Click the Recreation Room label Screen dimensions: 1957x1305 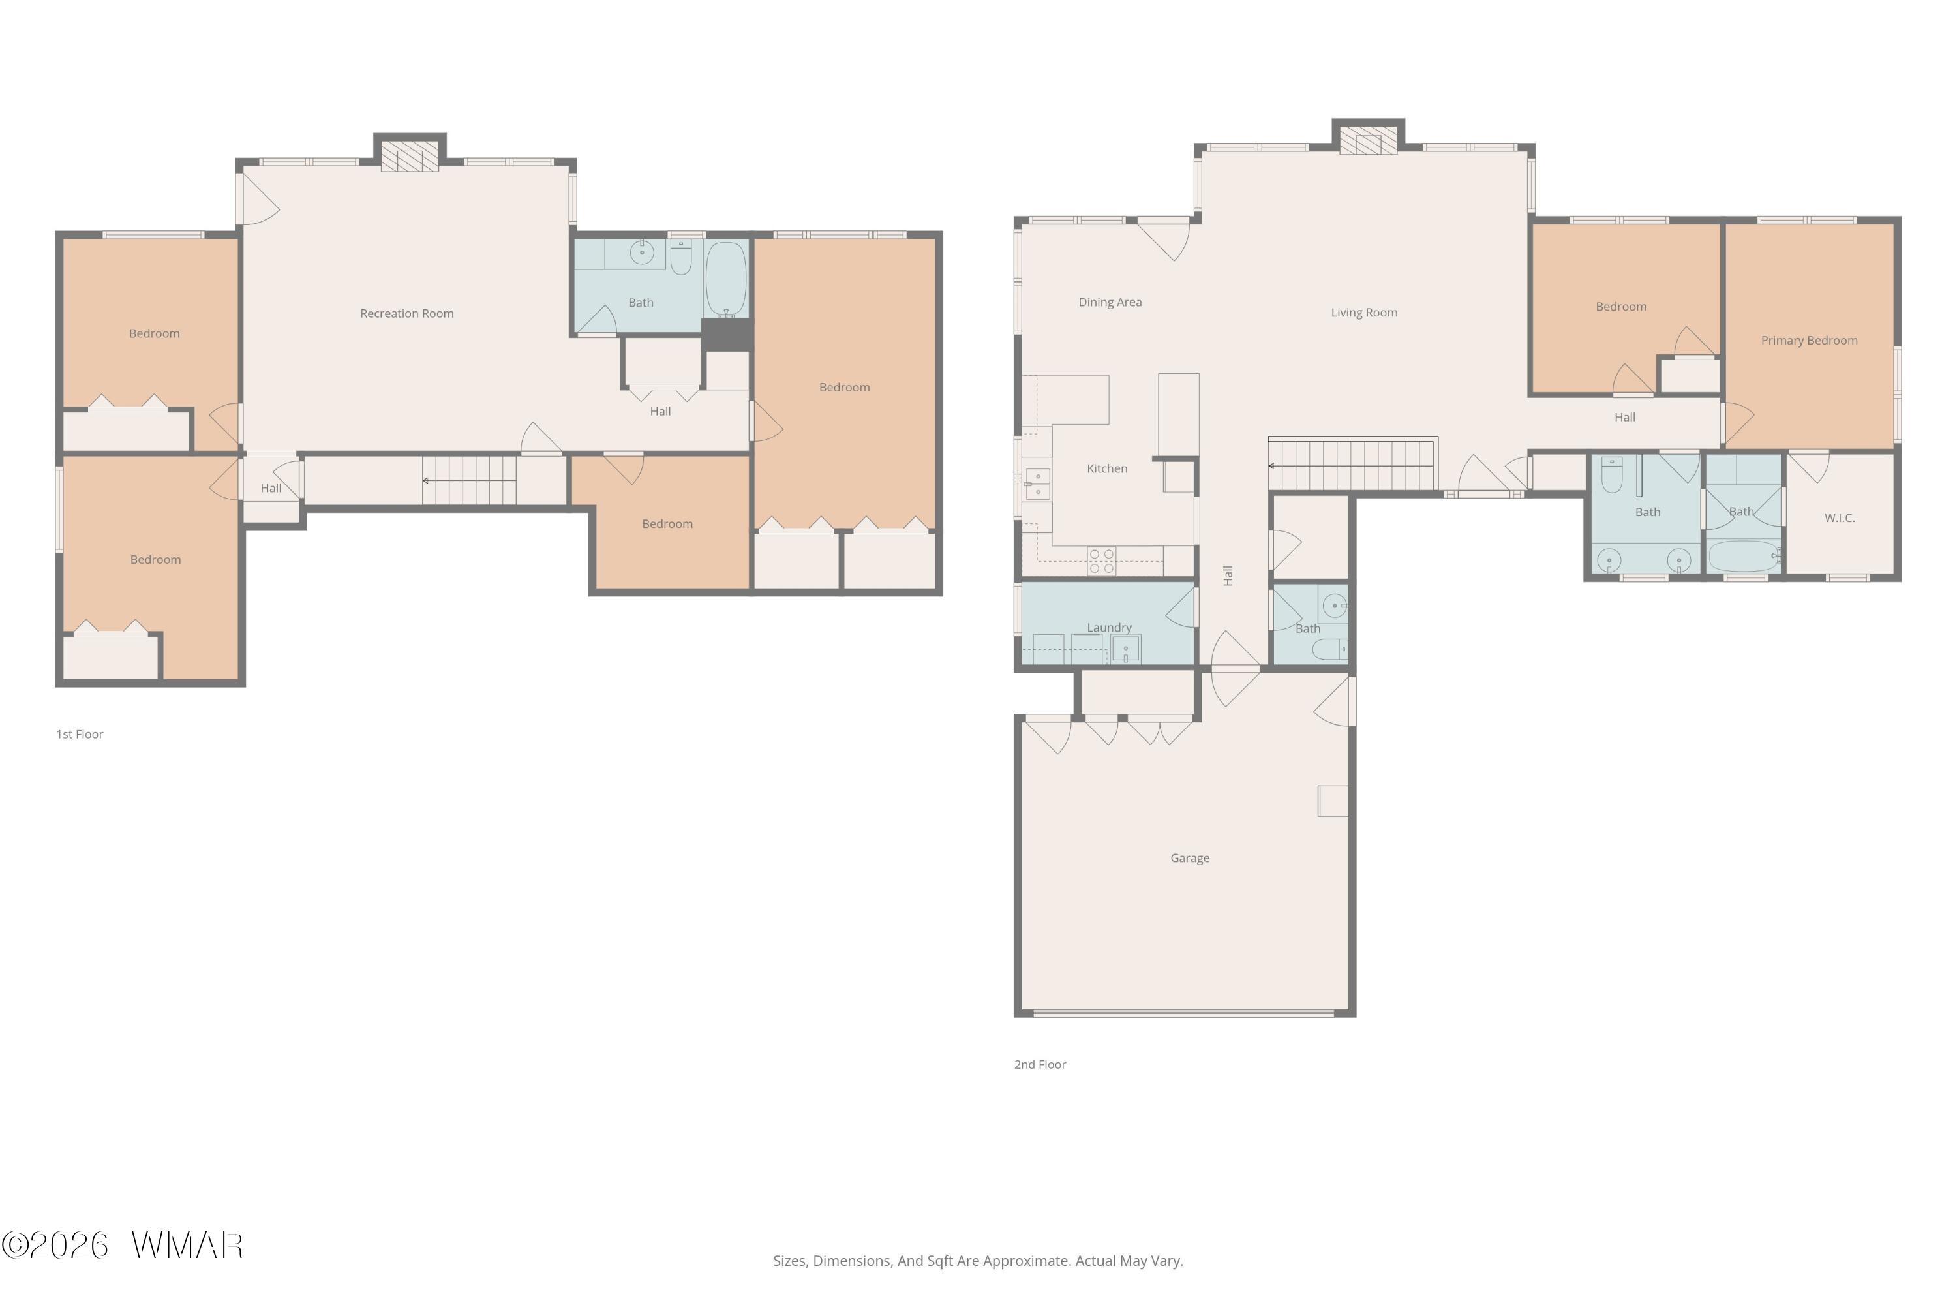[407, 314]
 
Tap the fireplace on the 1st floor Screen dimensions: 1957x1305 [410, 155]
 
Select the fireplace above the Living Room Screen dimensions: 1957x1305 [1368, 141]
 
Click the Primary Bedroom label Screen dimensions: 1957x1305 [1809, 341]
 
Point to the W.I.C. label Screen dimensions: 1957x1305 [1839, 517]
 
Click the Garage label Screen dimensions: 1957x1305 [1190, 858]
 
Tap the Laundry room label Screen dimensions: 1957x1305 [1109, 628]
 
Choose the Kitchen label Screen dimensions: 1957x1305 [1106, 468]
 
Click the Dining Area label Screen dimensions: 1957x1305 [1110, 302]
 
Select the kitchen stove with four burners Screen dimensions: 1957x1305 [1102, 561]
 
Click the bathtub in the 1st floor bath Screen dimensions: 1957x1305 [725, 278]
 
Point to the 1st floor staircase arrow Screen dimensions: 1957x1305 [469, 480]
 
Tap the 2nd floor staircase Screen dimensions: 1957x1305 [1352, 465]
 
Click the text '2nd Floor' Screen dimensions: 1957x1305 [1039, 1064]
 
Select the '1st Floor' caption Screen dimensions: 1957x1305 [80, 734]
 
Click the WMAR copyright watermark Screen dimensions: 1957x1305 [123, 1246]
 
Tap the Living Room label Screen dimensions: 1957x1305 [1364, 313]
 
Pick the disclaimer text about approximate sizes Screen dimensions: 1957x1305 [978, 1261]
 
